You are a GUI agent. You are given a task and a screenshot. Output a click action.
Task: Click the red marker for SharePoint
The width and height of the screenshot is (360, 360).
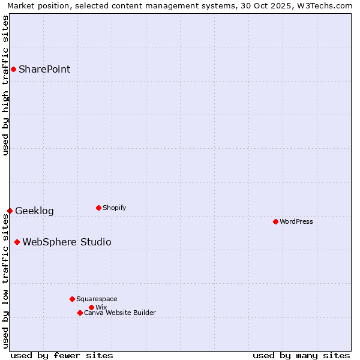point(13,69)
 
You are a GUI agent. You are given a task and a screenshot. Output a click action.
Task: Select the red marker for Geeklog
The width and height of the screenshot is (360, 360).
point(10,211)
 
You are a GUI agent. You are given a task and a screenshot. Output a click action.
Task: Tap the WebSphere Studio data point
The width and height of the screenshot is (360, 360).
point(17,242)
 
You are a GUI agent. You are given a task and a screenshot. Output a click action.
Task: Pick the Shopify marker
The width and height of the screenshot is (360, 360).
point(98,208)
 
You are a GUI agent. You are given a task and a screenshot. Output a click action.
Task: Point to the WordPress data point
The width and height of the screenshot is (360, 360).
point(275,221)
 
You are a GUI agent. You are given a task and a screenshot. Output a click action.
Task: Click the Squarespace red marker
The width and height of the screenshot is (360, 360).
point(72,299)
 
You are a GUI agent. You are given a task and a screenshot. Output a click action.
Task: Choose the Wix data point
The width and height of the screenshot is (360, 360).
point(91,307)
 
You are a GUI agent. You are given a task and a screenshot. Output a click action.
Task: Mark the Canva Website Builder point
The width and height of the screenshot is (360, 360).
point(80,313)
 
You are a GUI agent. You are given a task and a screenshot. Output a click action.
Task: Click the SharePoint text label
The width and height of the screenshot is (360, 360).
point(44,69)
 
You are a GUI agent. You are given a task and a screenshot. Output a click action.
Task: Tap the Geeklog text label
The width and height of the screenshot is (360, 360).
point(34,211)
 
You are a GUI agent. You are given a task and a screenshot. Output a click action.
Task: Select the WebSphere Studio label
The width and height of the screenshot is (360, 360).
point(67,242)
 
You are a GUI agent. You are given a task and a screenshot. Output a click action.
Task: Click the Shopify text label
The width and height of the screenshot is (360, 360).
point(114,208)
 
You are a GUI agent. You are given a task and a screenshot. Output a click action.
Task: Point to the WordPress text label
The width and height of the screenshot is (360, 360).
point(296,221)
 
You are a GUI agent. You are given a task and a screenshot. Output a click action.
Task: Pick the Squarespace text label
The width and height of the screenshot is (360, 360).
point(97,299)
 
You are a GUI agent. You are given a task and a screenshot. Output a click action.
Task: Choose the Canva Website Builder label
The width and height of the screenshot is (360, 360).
point(119,313)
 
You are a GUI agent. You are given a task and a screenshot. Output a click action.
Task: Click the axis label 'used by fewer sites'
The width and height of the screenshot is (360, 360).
point(62,355)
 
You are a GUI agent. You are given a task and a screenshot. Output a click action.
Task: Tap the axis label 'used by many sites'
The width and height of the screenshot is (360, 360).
point(301,355)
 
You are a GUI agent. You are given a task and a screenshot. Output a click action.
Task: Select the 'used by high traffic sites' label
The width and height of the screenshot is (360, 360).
point(5,85)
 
